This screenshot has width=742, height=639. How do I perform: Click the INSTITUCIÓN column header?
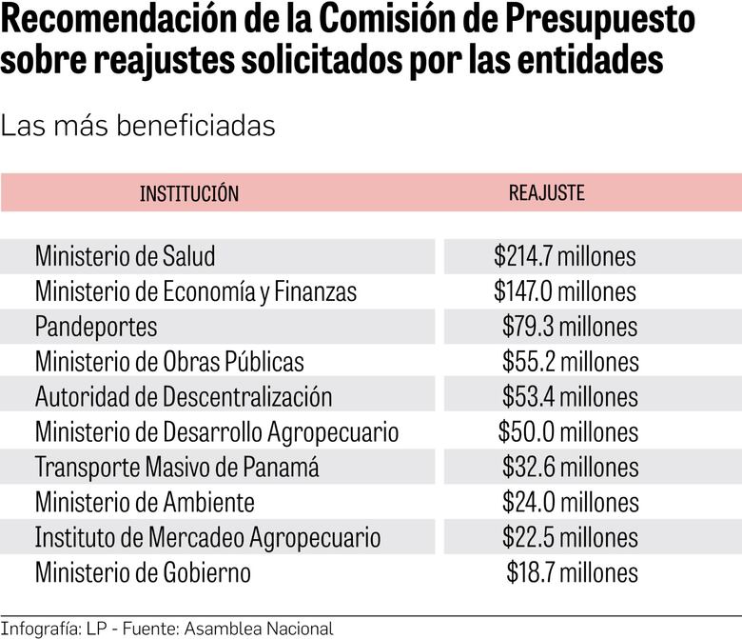pos(189,193)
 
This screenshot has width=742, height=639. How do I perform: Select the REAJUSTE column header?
pos(546,192)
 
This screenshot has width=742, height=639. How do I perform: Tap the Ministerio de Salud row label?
pos(125,256)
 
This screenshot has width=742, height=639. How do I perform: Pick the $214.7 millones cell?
pos(564,256)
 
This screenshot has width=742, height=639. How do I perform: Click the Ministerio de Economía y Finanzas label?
pos(195,291)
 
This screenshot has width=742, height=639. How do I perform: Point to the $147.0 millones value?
pos(564,291)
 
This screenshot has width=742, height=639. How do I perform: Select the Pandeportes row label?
pos(96,327)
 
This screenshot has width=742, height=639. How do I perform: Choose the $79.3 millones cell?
pos(569,327)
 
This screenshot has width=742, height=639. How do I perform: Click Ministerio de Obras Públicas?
pos(169,362)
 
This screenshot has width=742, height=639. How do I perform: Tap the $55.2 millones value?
pos(570,362)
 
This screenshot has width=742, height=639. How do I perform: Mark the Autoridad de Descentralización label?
pos(184,397)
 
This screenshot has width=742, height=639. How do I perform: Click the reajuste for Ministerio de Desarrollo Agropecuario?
pos(568,432)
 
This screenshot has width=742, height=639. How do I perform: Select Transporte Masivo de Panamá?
pos(177,468)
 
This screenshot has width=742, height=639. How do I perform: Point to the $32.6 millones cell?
pos(570,468)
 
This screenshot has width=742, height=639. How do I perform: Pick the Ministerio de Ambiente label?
pos(145,503)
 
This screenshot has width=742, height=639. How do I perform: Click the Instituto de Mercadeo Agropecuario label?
pos(207,538)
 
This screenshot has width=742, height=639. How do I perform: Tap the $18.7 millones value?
pos(572,572)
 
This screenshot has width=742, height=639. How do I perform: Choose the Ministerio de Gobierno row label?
pos(143,573)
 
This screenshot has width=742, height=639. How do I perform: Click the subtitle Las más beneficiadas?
pos(138,126)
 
